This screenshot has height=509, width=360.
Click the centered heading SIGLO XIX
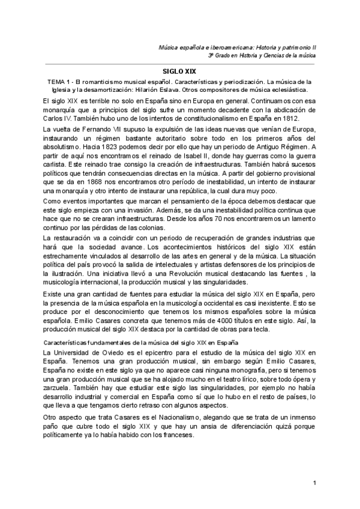click(179, 70)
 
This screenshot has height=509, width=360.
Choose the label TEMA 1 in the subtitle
click(59, 80)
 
